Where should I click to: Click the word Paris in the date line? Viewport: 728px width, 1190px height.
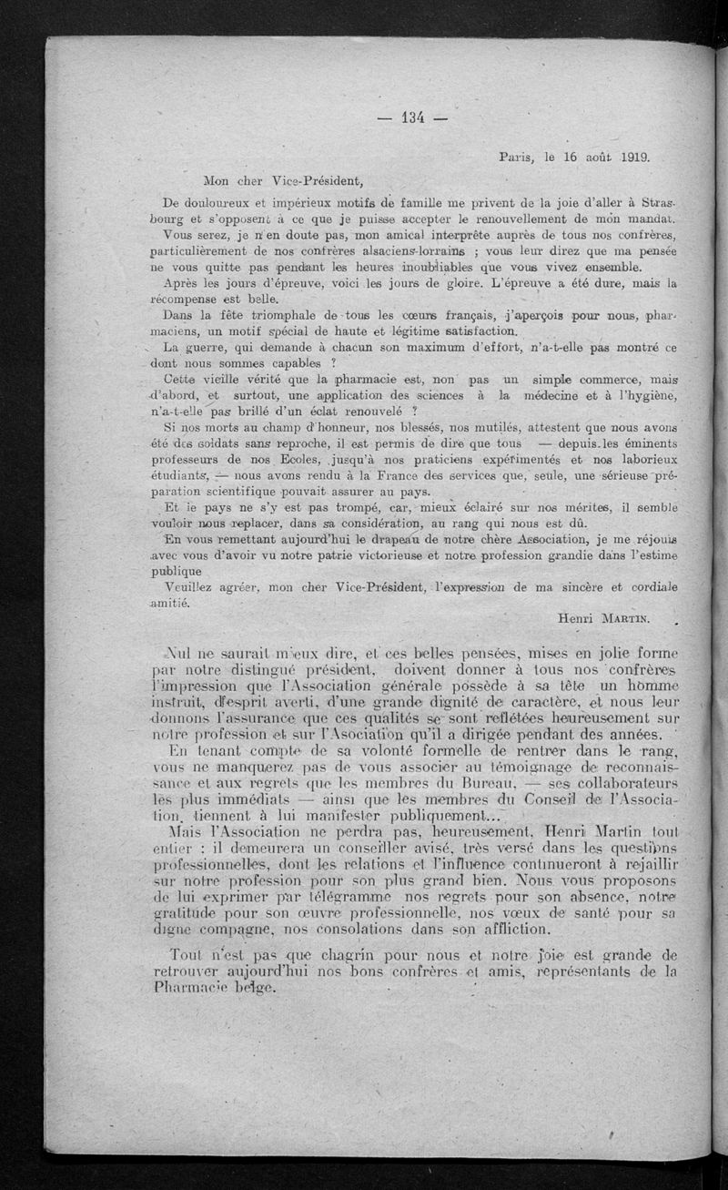tap(517, 157)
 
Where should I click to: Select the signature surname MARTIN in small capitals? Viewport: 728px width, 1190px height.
tap(622, 618)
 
